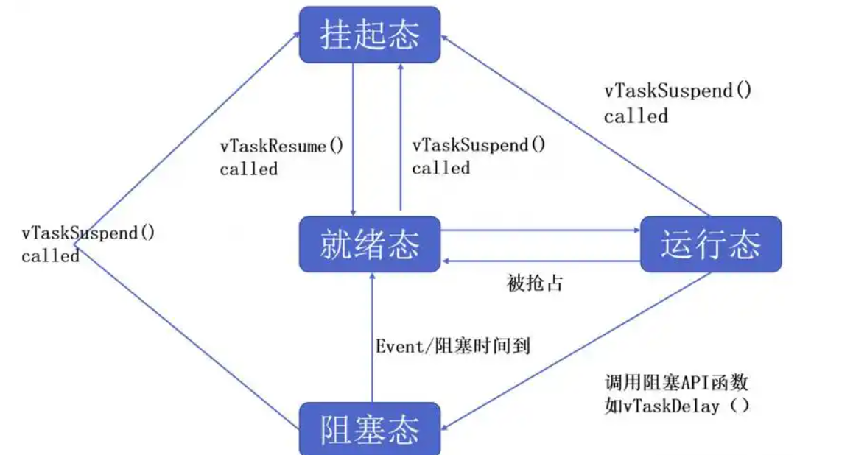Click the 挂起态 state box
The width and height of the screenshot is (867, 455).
(x=369, y=34)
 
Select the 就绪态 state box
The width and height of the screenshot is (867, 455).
(x=369, y=244)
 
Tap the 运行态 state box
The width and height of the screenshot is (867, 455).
(x=710, y=244)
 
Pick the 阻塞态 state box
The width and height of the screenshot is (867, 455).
(x=369, y=428)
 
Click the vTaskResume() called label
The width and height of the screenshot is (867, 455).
(x=281, y=157)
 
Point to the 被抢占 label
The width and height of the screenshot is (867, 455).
(x=535, y=283)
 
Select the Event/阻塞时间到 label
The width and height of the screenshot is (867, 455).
(x=452, y=345)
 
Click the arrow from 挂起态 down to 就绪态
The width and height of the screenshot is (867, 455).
(x=354, y=140)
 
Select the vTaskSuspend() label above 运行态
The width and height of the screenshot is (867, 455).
(x=678, y=103)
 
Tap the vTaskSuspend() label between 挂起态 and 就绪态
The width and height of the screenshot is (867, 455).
(x=479, y=157)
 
